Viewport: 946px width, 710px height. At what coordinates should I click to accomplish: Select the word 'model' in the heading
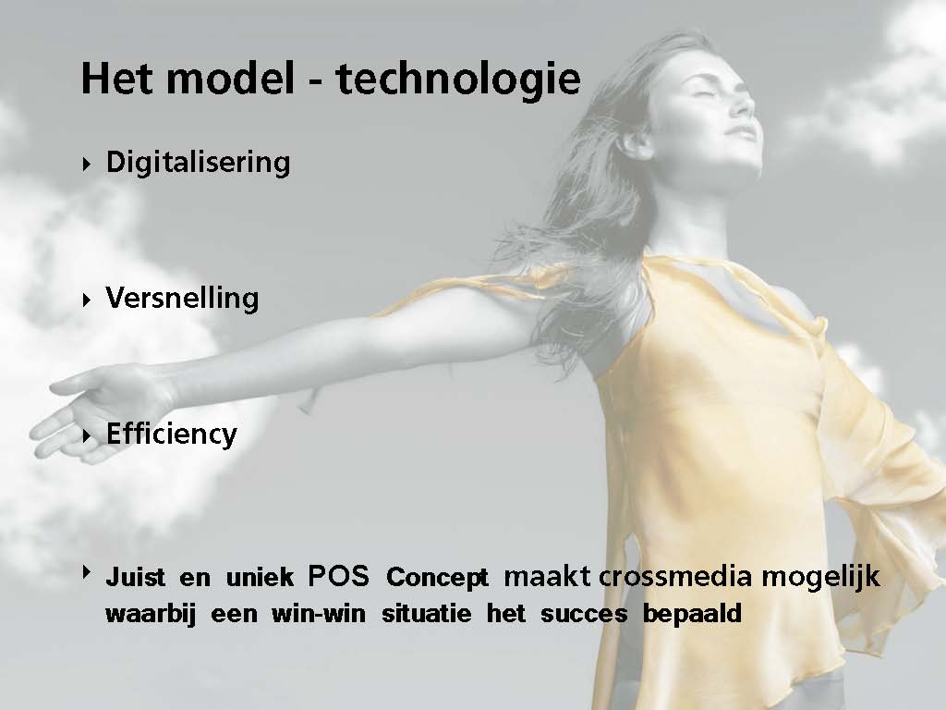point(230,78)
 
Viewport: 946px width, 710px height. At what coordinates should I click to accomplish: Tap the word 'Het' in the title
point(117,78)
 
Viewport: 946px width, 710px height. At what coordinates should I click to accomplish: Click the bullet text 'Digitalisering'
point(198,163)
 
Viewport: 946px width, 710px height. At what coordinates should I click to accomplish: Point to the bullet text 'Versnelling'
point(182,299)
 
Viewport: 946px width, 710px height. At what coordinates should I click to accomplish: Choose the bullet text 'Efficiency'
point(171,435)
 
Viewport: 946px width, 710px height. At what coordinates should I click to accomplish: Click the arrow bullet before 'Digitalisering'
point(87,164)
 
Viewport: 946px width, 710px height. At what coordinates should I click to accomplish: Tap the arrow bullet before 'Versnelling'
point(87,300)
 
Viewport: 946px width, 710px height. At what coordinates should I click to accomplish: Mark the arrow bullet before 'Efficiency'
point(87,435)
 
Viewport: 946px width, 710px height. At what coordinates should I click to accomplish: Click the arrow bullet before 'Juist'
point(87,571)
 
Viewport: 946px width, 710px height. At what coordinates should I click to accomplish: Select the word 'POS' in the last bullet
point(338,577)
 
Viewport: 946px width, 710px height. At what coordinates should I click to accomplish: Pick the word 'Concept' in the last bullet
point(437,578)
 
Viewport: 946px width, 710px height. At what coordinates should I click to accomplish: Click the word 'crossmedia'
point(675,577)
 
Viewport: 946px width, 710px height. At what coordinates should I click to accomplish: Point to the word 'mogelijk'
point(820,578)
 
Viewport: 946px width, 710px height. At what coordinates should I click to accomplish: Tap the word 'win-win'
point(319,614)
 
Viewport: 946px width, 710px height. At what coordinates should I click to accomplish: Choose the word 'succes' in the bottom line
point(584,615)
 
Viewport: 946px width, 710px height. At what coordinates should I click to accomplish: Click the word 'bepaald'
point(692,615)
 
